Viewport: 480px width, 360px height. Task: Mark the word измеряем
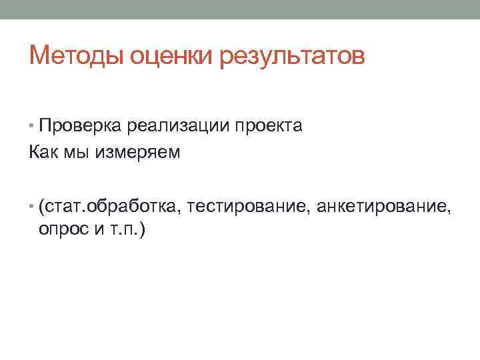pyautogui.click(x=138, y=153)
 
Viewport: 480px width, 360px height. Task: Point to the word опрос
pyautogui.click(x=61, y=231)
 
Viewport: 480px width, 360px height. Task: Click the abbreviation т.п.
pyautogui.click(x=121, y=231)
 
